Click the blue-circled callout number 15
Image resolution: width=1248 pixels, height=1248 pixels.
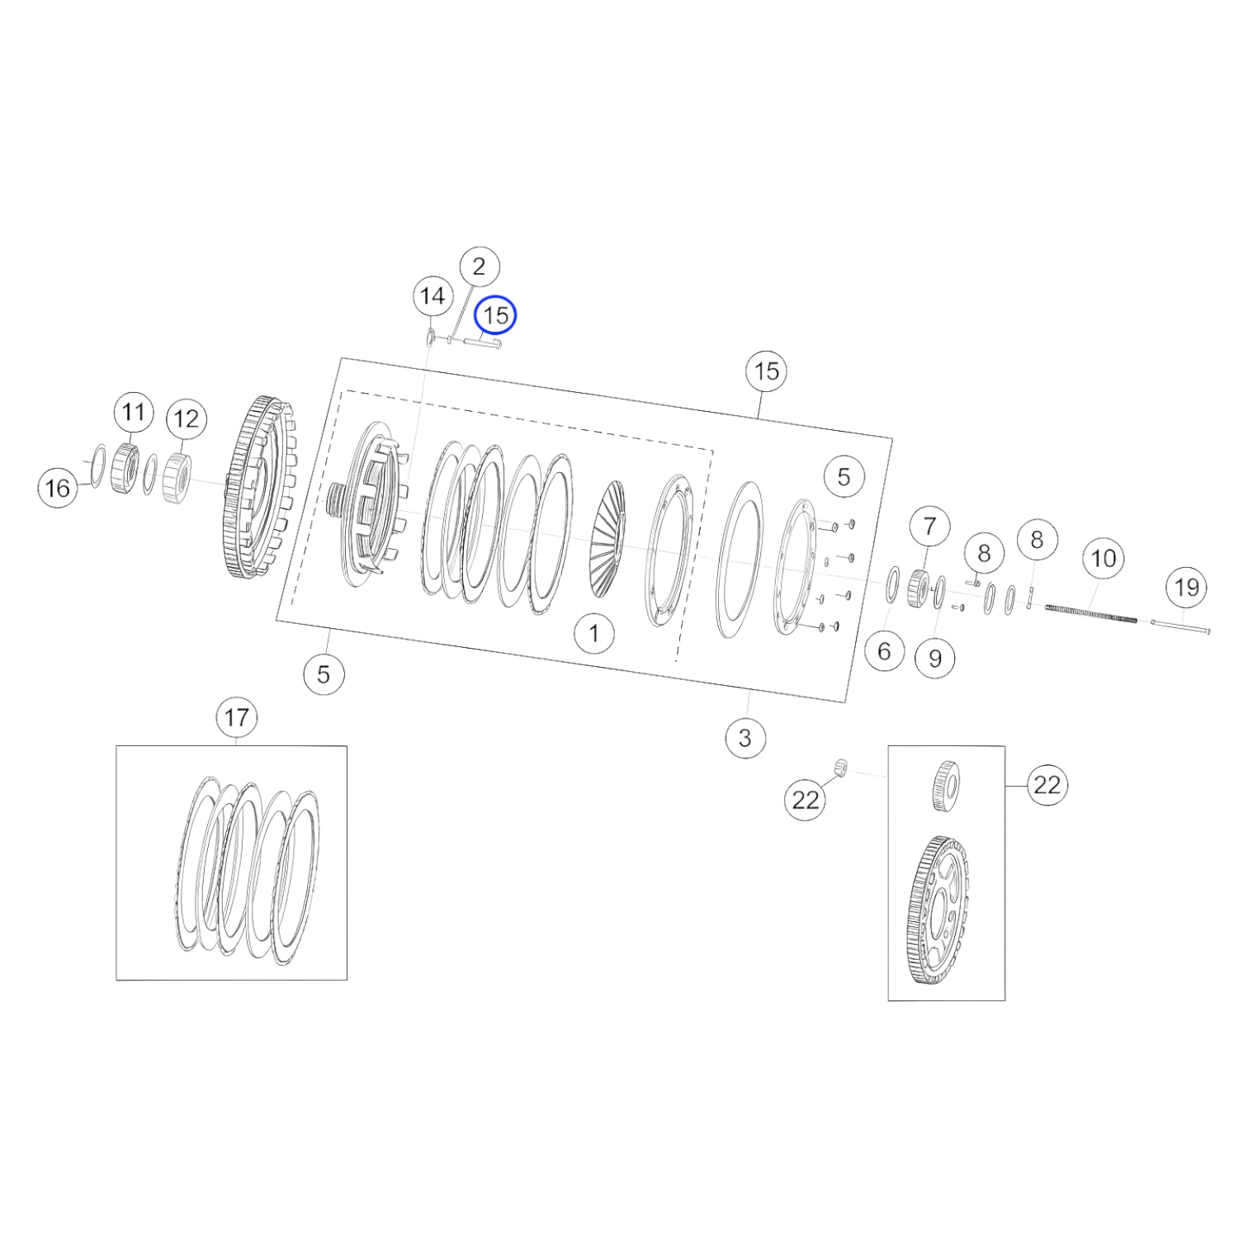496,315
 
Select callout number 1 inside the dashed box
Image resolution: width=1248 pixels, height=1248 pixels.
594,634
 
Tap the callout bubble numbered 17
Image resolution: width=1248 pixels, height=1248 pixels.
236,717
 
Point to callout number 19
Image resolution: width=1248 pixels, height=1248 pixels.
1186,588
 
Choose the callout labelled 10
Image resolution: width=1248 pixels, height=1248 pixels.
1104,559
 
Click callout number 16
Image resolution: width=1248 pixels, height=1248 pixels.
58,488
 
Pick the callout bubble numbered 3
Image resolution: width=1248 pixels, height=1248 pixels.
745,736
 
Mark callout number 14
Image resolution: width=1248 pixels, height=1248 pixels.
433,296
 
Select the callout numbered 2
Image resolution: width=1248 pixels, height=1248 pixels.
479,267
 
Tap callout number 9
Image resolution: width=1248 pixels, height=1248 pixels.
935,658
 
